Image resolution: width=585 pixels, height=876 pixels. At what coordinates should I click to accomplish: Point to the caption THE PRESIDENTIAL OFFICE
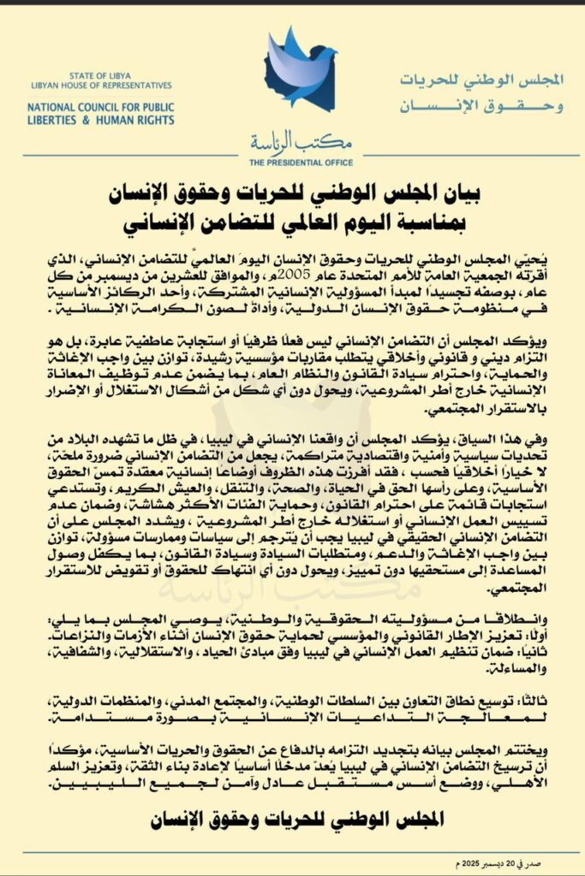click(292, 162)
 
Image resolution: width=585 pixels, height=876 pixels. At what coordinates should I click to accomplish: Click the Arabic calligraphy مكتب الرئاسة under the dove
click(292, 142)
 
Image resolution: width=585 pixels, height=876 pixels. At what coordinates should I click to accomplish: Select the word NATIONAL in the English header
click(54, 109)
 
